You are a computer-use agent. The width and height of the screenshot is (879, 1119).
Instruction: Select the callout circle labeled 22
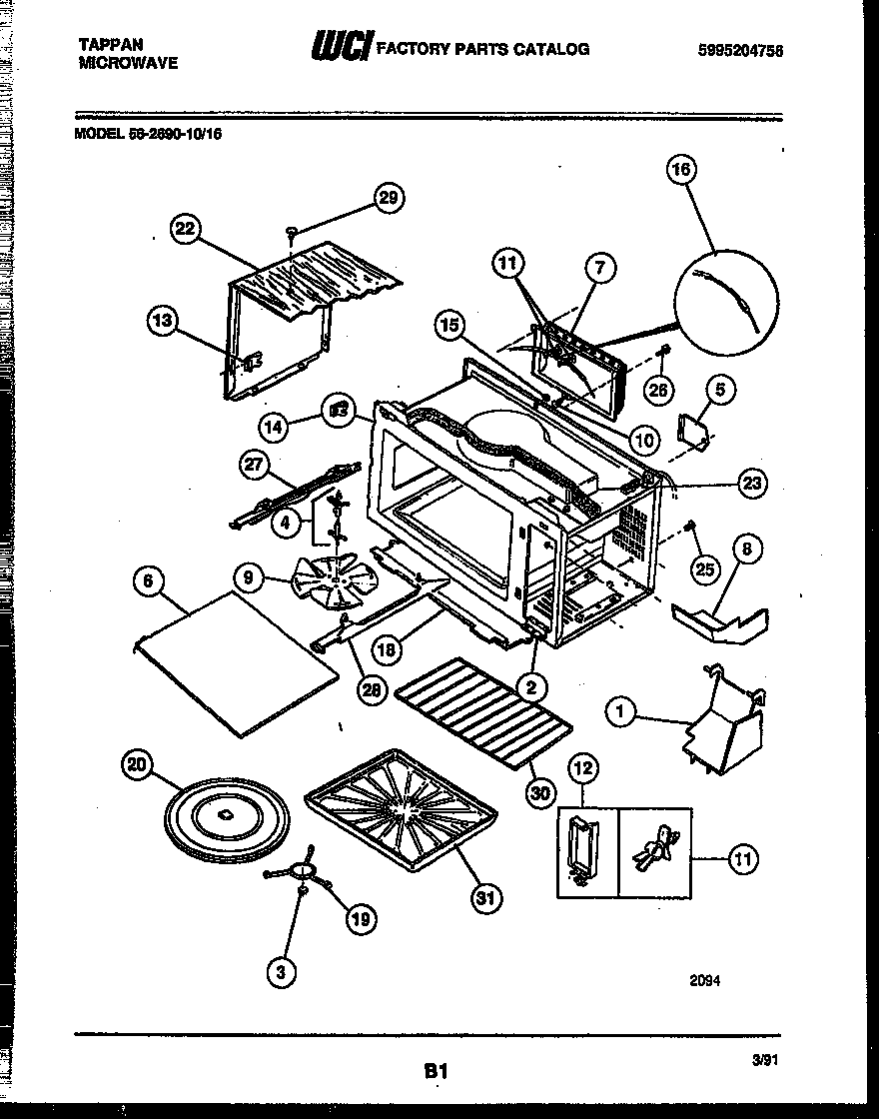pyautogui.click(x=184, y=229)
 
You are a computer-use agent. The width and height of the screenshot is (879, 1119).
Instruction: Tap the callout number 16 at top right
pyautogui.click(x=680, y=170)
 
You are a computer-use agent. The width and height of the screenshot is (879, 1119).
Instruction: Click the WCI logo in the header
pyautogui.click(x=343, y=46)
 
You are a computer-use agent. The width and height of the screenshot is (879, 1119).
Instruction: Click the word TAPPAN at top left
pyautogui.click(x=110, y=45)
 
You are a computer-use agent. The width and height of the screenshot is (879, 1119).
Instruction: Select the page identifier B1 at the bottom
pyautogui.click(x=435, y=1070)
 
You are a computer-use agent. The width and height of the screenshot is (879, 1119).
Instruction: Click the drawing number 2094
pyautogui.click(x=704, y=980)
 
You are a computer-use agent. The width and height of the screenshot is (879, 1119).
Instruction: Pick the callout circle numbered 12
pyautogui.click(x=583, y=768)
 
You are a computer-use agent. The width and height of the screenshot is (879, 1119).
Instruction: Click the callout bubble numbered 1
pyautogui.click(x=621, y=710)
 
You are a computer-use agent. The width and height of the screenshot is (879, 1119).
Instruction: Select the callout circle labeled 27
pyautogui.click(x=255, y=464)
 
